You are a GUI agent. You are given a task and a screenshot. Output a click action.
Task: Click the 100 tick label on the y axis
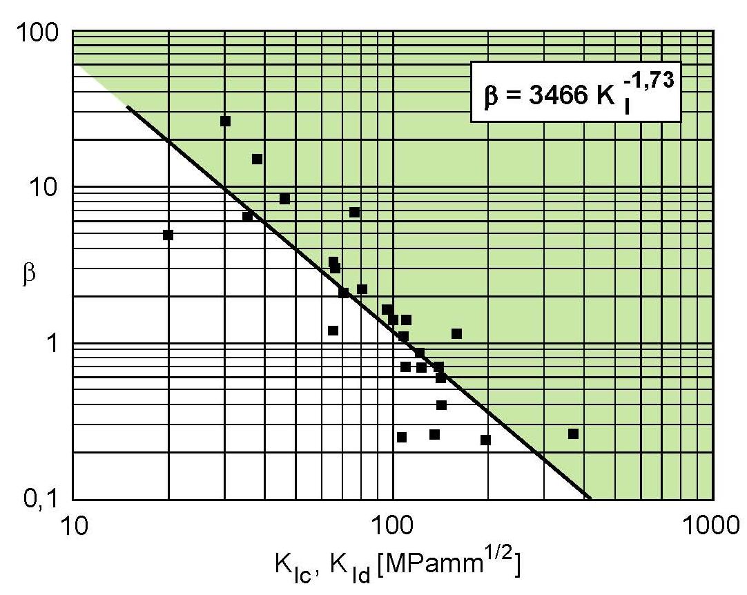[x=43, y=32]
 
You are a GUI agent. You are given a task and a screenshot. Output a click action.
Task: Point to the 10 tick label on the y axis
[x=50, y=187]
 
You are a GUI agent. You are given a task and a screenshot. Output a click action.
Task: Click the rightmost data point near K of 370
[x=573, y=433]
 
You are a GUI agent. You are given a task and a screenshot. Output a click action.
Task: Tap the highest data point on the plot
[x=225, y=121]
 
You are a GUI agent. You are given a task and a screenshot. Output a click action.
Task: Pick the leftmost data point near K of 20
[x=168, y=235]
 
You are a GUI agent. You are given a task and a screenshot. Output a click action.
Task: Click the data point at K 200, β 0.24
[x=485, y=440]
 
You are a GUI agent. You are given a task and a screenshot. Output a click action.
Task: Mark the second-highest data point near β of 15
[x=257, y=159]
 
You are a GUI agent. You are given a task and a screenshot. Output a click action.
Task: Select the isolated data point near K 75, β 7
[x=354, y=212]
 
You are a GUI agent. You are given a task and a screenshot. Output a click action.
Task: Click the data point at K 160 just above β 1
[x=456, y=333]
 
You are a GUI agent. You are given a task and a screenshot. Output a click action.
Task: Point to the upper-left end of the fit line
[x=128, y=106]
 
